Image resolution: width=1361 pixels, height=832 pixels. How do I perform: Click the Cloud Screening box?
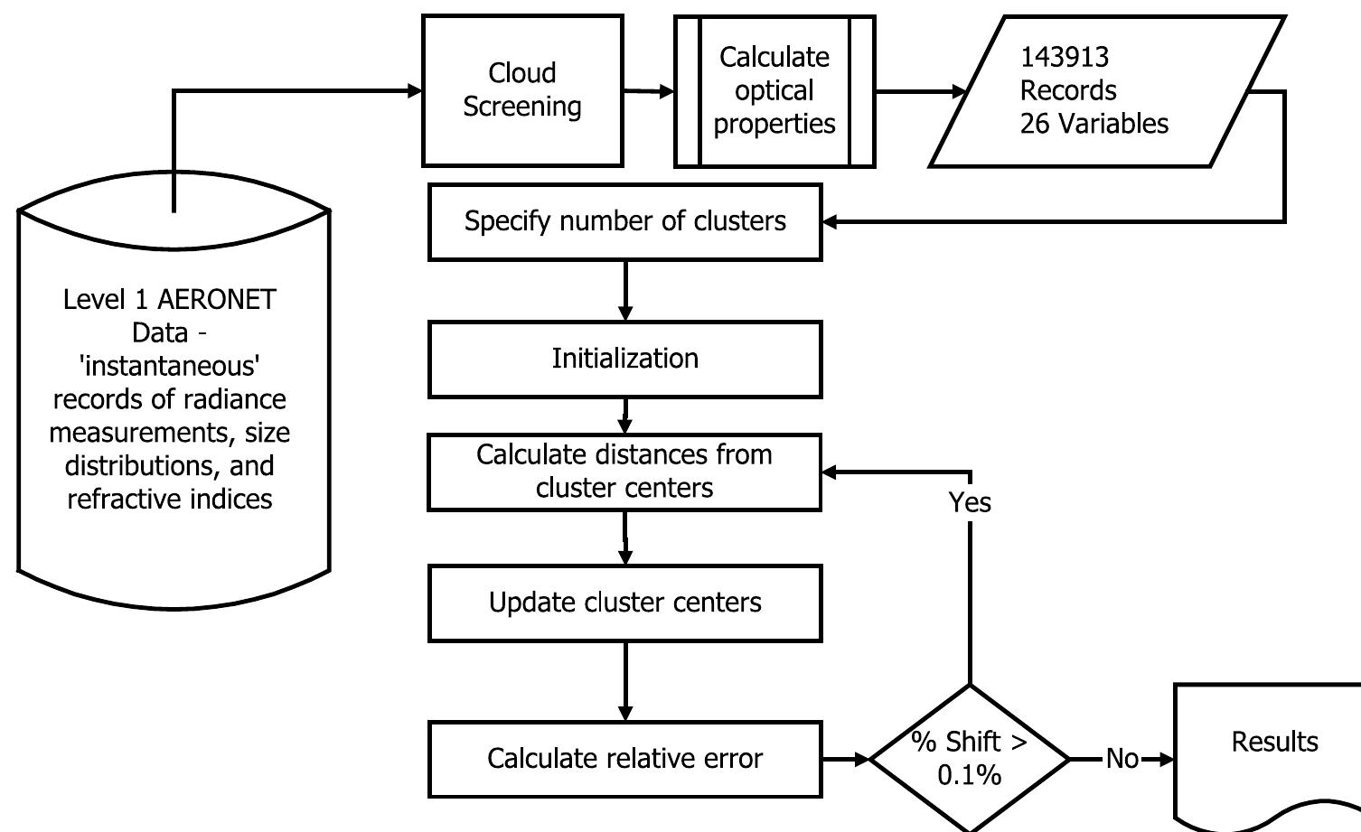(522, 90)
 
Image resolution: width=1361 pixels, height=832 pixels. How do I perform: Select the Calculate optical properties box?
(774, 90)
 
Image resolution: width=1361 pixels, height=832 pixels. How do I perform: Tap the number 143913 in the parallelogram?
(1064, 57)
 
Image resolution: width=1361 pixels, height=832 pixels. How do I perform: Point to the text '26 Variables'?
(1093, 124)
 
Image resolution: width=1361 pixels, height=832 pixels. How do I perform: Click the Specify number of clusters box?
(624, 221)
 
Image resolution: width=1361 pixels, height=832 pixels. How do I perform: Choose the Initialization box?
(624, 359)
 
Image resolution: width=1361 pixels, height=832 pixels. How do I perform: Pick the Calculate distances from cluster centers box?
(624, 472)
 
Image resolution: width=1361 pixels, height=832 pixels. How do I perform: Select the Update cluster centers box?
(624, 603)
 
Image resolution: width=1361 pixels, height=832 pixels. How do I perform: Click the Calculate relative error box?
(624, 759)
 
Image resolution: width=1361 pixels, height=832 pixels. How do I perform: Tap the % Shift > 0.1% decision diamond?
(969, 759)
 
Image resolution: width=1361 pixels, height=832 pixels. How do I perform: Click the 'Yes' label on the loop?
(970, 502)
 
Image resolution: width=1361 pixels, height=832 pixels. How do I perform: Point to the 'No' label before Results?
(1122, 759)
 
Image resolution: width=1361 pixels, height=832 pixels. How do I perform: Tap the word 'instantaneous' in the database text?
(169, 366)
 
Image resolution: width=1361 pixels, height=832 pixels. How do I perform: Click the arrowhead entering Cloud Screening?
(415, 90)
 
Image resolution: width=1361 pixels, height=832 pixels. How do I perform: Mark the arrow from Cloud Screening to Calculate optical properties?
(649, 91)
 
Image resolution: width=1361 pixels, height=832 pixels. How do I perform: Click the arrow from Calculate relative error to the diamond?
(846, 760)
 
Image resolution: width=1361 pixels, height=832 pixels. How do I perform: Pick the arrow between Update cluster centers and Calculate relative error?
(624, 682)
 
